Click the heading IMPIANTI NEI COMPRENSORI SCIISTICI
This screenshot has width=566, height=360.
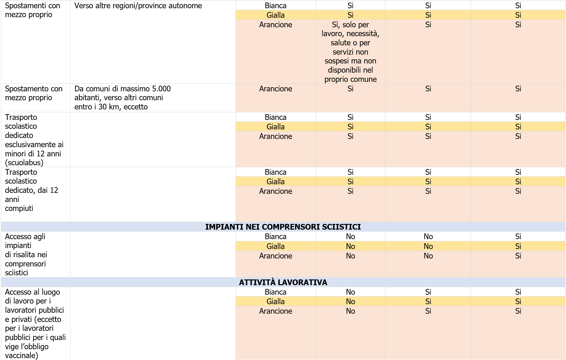(283, 227)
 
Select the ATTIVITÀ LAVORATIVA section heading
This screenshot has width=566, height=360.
(283, 282)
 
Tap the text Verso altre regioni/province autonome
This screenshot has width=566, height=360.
(138, 6)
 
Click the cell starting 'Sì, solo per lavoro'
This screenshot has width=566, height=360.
(350, 52)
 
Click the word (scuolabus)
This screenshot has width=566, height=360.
(24, 162)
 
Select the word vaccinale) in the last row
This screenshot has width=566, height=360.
(22, 355)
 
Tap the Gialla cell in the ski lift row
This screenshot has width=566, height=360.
(276, 246)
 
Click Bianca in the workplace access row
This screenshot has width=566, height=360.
(276, 292)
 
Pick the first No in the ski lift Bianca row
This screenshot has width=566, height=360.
(350, 237)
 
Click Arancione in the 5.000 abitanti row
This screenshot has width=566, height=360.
(276, 89)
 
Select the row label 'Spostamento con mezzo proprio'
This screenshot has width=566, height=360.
(34, 93)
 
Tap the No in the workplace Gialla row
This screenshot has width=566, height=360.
(350, 301)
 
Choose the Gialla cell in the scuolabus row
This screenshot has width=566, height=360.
(276, 127)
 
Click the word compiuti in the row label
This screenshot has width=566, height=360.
(19, 208)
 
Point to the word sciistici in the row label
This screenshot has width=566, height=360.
(16, 272)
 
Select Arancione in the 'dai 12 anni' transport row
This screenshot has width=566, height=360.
(276, 191)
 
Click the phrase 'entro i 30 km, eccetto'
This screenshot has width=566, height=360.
(111, 107)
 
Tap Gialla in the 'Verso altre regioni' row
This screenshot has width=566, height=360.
(276, 15)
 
